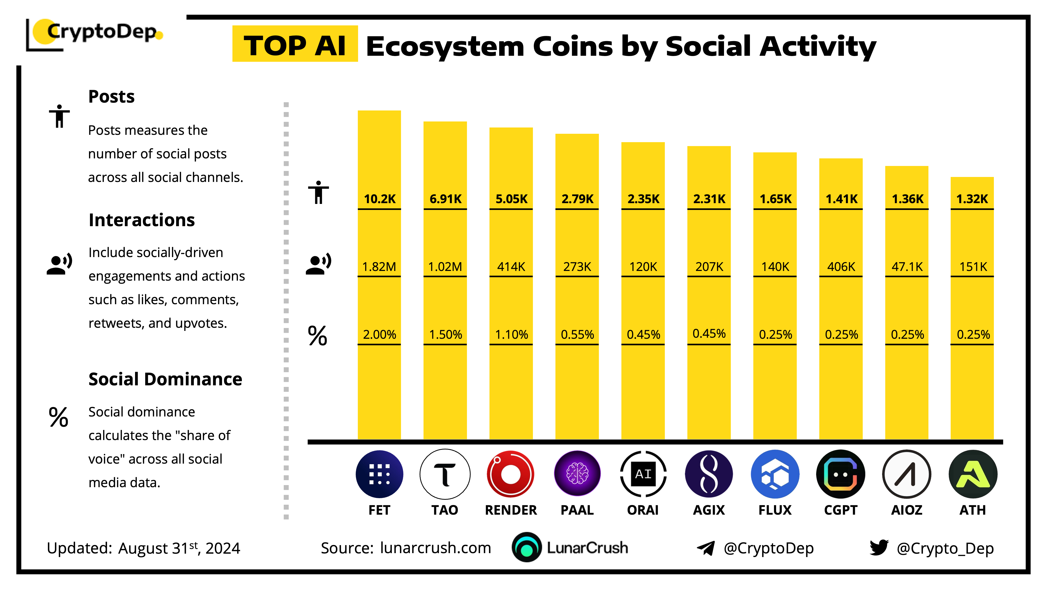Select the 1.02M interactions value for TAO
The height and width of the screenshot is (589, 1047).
445,267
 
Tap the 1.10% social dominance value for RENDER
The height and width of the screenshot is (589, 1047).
511,335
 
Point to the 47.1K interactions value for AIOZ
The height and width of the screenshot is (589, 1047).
907,267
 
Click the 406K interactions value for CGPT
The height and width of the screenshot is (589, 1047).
841,267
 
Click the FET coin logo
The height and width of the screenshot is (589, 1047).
379,474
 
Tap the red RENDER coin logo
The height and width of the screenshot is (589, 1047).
510,474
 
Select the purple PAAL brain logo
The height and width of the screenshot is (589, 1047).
577,474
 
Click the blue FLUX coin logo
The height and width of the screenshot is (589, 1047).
775,474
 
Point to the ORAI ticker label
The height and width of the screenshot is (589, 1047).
643,510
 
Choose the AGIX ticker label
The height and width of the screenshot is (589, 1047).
709,510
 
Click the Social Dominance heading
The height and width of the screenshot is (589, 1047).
165,379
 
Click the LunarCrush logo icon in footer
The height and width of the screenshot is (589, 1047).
527,548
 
